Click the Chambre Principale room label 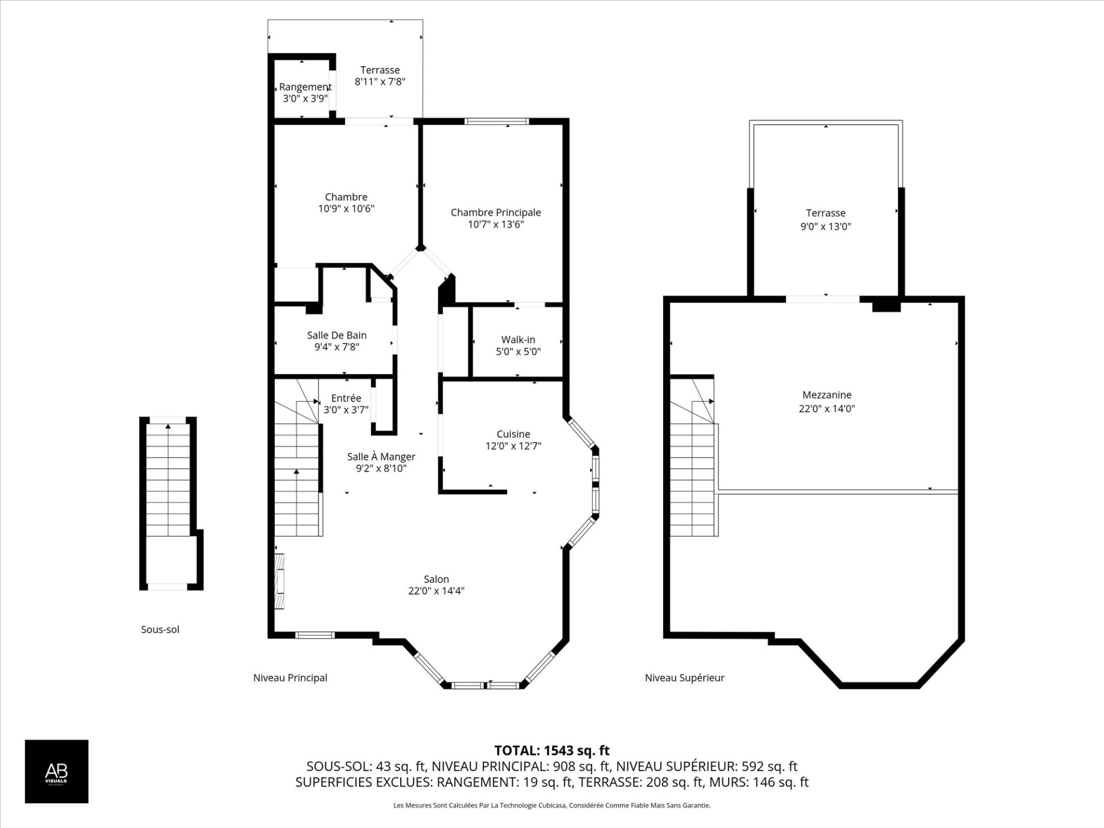coord(496,213)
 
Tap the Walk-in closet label coord(518,340)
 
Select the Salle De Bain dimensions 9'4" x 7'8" coord(336,347)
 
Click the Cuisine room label coord(513,434)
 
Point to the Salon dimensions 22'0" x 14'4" coord(436,591)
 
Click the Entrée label coord(346,398)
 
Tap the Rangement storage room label coord(305,87)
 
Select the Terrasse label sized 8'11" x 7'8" coord(380,70)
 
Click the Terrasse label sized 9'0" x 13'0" coord(826,213)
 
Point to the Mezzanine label coord(827,395)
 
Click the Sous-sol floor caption coord(160,630)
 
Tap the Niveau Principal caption coord(290,678)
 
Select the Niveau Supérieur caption coord(684,678)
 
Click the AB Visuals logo coord(56,771)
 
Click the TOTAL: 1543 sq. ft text coord(551,750)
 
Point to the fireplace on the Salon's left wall coord(279,581)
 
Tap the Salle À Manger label coord(381,457)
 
